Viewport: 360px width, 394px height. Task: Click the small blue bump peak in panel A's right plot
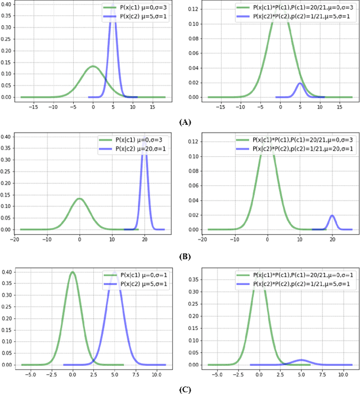pos(300,84)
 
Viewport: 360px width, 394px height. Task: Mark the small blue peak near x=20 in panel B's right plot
pos(332,216)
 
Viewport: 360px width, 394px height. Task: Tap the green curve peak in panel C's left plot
pos(73,272)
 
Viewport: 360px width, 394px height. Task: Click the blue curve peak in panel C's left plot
pos(115,274)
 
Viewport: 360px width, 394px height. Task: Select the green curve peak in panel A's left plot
pos(93,66)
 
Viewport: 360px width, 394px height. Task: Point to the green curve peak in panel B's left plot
pos(80,198)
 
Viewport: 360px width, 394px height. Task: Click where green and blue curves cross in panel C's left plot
pos(93,357)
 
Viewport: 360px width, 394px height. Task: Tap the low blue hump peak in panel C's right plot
pos(301,360)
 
